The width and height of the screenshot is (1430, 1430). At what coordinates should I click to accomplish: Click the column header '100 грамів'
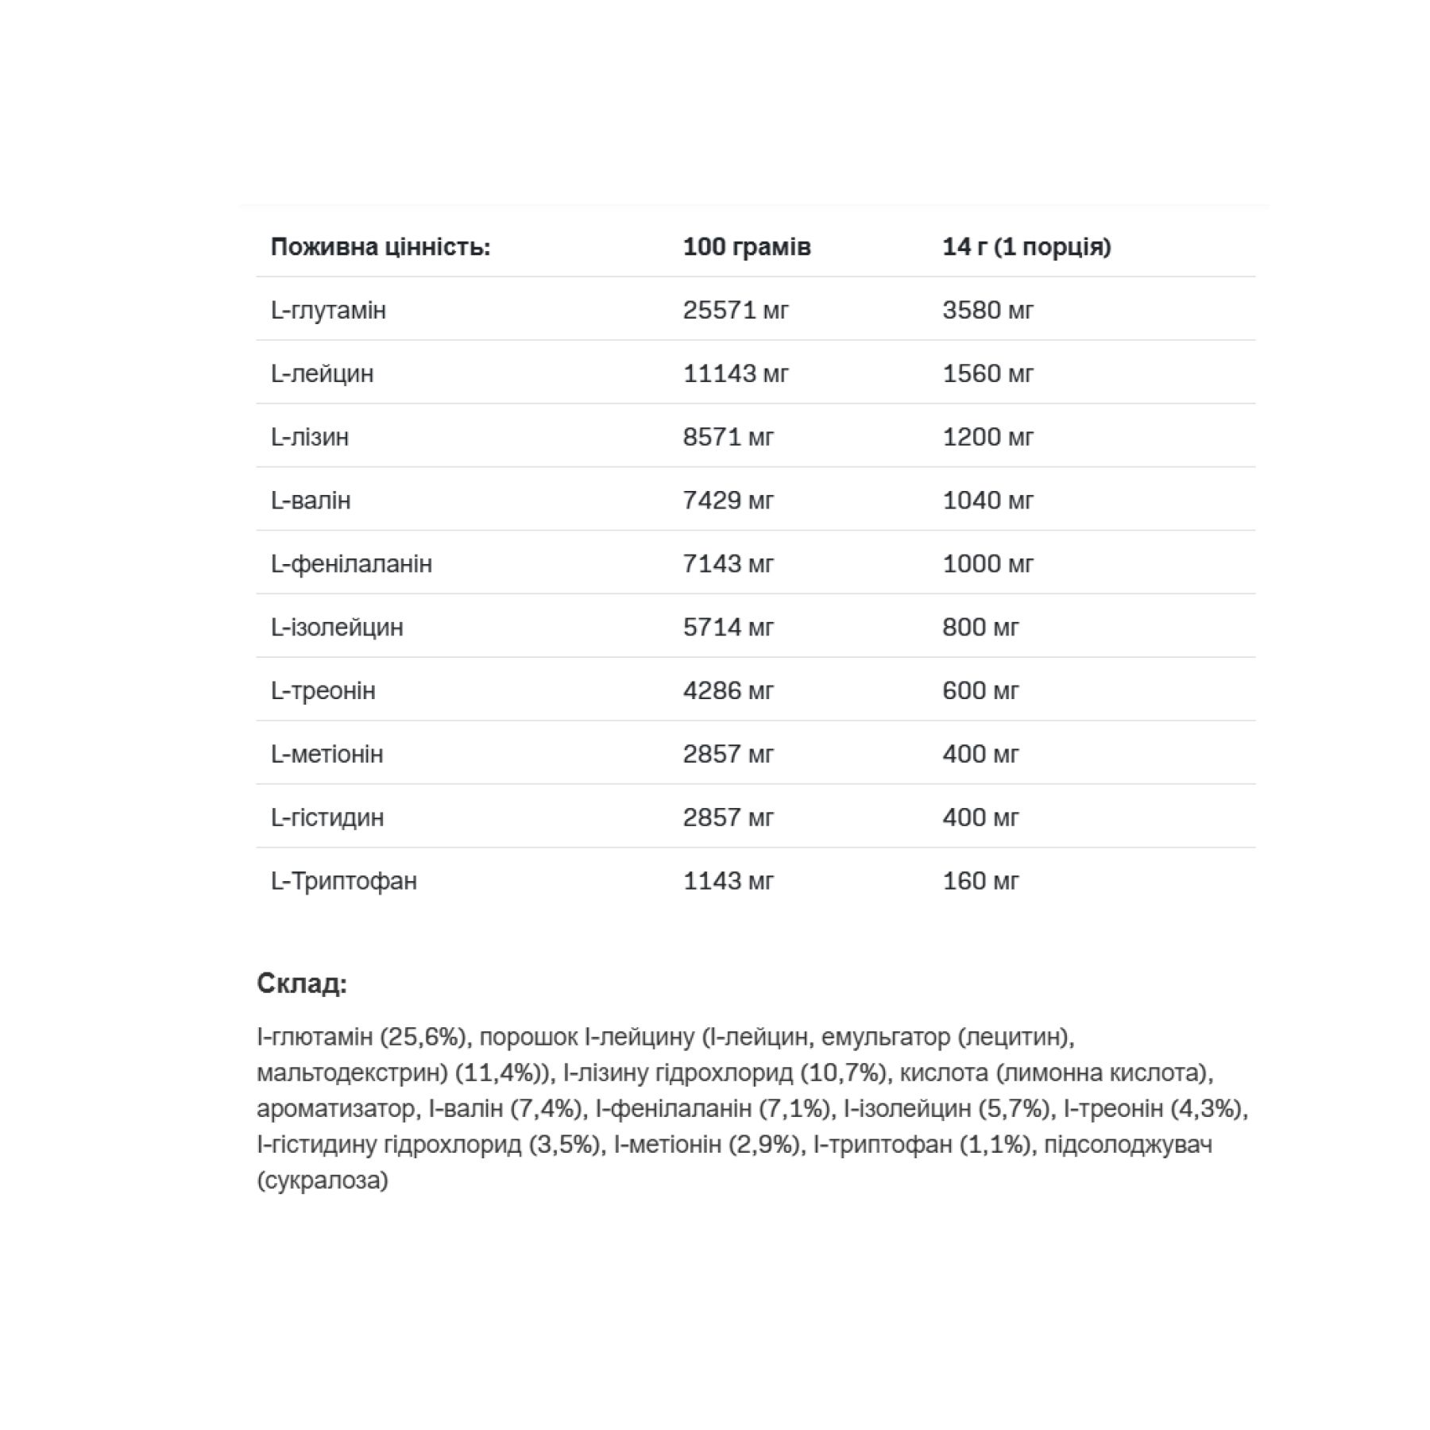[746, 247]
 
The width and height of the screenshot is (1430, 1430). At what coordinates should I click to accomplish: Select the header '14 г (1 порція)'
[1026, 247]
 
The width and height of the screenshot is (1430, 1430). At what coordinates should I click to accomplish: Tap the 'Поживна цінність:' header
[381, 247]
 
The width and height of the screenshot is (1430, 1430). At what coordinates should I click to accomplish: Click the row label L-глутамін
[328, 310]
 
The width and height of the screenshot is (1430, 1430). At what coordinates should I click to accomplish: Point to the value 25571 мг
[736, 310]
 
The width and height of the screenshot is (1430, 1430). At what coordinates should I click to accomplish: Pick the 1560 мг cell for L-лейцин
[987, 373]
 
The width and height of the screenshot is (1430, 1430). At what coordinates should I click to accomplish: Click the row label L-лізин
[310, 437]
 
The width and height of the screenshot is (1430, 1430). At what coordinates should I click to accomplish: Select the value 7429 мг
[728, 500]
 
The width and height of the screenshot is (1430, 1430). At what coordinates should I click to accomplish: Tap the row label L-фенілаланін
[351, 564]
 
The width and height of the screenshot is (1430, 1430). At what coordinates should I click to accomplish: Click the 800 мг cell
[980, 628]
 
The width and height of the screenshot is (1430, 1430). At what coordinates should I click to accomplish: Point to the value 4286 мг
[728, 691]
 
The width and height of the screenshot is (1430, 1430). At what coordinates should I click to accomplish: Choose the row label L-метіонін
[327, 754]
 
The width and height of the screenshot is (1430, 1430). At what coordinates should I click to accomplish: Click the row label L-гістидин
[327, 817]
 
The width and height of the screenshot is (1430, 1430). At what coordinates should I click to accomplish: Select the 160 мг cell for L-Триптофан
[980, 881]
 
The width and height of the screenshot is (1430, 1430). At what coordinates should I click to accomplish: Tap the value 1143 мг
[728, 881]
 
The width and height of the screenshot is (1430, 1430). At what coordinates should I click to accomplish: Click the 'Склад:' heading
[302, 984]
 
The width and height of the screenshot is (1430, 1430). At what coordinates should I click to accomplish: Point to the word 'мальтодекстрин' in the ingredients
[352, 1073]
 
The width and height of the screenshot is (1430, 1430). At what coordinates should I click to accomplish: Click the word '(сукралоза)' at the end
[323, 1180]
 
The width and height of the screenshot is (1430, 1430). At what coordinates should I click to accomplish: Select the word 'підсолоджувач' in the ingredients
[1128, 1145]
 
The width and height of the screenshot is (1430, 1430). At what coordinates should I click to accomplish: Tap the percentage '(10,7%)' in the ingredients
[843, 1073]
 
